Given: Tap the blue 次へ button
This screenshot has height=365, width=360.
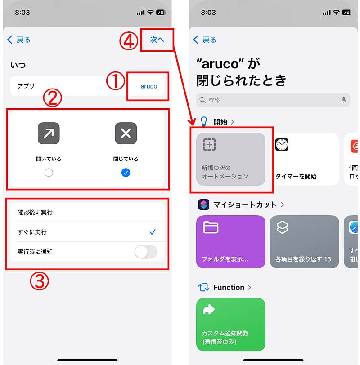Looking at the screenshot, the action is [x=157, y=40].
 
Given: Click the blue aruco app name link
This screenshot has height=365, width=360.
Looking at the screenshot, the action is [x=149, y=86].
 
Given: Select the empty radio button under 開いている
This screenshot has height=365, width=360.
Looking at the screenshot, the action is [x=49, y=173].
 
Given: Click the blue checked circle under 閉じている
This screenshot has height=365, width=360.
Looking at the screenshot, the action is [x=126, y=173].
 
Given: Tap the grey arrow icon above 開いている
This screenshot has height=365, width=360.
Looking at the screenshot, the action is [x=49, y=133].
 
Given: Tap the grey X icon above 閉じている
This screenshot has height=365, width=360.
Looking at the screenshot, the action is [x=126, y=133].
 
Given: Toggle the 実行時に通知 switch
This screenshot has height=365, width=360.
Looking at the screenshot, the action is [x=146, y=252].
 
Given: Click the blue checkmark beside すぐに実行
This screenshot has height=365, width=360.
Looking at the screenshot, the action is [x=153, y=232].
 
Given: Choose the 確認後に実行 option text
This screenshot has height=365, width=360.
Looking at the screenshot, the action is [x=35, y=212].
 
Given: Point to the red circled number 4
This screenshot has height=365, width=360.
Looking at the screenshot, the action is [x=129, y=41].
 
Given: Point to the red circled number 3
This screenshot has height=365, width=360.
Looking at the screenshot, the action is [x=40, y=281].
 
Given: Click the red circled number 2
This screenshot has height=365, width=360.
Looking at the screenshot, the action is [x=53, y=98].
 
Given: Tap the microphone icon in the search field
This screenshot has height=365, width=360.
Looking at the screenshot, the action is [x=343, y=100].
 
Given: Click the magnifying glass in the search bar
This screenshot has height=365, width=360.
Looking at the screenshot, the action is [x=202, y=100].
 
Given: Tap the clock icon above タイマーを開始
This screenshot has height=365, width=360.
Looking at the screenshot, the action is [x=282, y=145].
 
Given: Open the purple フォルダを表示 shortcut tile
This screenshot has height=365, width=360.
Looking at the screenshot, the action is [x=231, y=242].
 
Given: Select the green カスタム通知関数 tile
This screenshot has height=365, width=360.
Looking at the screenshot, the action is [x=231, y=325].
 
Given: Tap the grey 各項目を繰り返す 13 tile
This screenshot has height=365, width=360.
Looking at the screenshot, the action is [x=304, y=242].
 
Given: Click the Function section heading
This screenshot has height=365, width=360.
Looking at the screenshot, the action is [x=229, y=288].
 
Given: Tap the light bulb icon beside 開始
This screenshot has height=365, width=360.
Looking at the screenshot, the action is [x=204, y=121].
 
